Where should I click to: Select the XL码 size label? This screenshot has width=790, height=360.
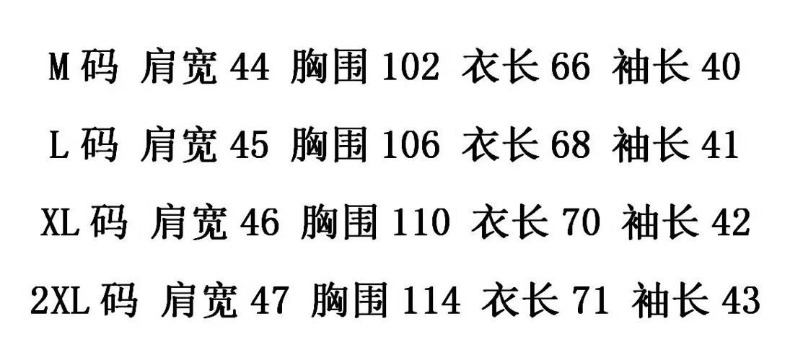click(x=82, y=223)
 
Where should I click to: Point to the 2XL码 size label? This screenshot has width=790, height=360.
click(x=84, y=300)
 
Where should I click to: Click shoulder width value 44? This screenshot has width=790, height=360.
click(x=249, y=69)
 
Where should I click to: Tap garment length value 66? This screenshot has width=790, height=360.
click(x=570, y=69)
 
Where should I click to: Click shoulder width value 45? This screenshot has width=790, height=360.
click(x=249, y=146)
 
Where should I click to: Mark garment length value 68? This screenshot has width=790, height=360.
click(x=570, y=146)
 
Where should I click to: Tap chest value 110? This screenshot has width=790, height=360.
click(x=421, y=223)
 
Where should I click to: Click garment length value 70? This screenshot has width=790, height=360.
click(x=580, y=223)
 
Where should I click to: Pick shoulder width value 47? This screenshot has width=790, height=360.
click(x=269, y=300)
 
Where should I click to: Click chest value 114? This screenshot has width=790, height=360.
click(x=431, y=300)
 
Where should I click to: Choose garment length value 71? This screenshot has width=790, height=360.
click(x=590, y=300)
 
